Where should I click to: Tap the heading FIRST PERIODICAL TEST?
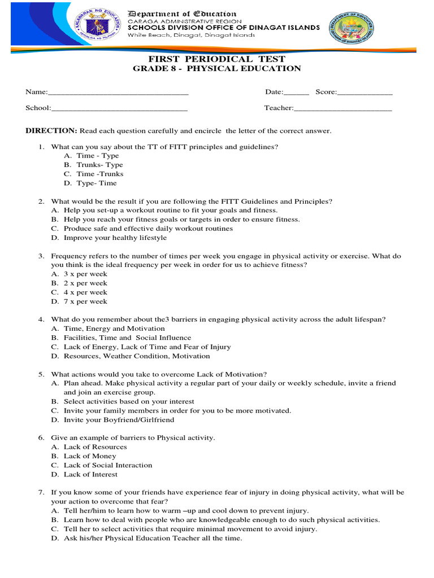217,59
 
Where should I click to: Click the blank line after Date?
296,93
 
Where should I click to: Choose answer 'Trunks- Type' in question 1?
99,165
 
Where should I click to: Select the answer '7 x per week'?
85,301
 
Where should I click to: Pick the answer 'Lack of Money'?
90,456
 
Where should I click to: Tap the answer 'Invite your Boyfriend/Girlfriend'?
119,420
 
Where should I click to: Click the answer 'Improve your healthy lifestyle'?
115,238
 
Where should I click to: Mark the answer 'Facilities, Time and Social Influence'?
127,338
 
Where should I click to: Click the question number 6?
41,437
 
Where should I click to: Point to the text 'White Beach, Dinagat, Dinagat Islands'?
191,35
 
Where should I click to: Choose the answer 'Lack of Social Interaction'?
108,465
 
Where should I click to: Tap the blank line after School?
119,109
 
